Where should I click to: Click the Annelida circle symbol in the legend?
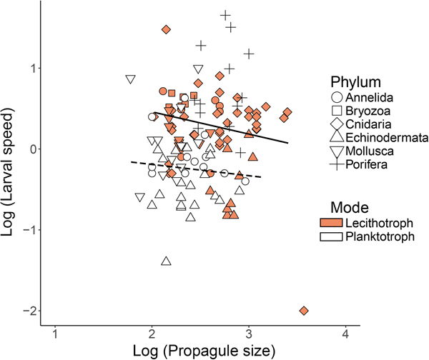(334, 97)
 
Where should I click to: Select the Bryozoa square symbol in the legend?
(334, 111)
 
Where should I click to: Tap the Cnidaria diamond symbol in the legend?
(334, 124)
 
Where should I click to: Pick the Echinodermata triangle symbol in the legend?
(334, 138)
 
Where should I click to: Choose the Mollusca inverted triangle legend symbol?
(334, 151)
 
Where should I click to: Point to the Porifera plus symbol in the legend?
(334, 165)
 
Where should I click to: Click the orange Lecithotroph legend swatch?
(334, 222)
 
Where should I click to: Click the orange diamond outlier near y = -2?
(304, 311)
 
